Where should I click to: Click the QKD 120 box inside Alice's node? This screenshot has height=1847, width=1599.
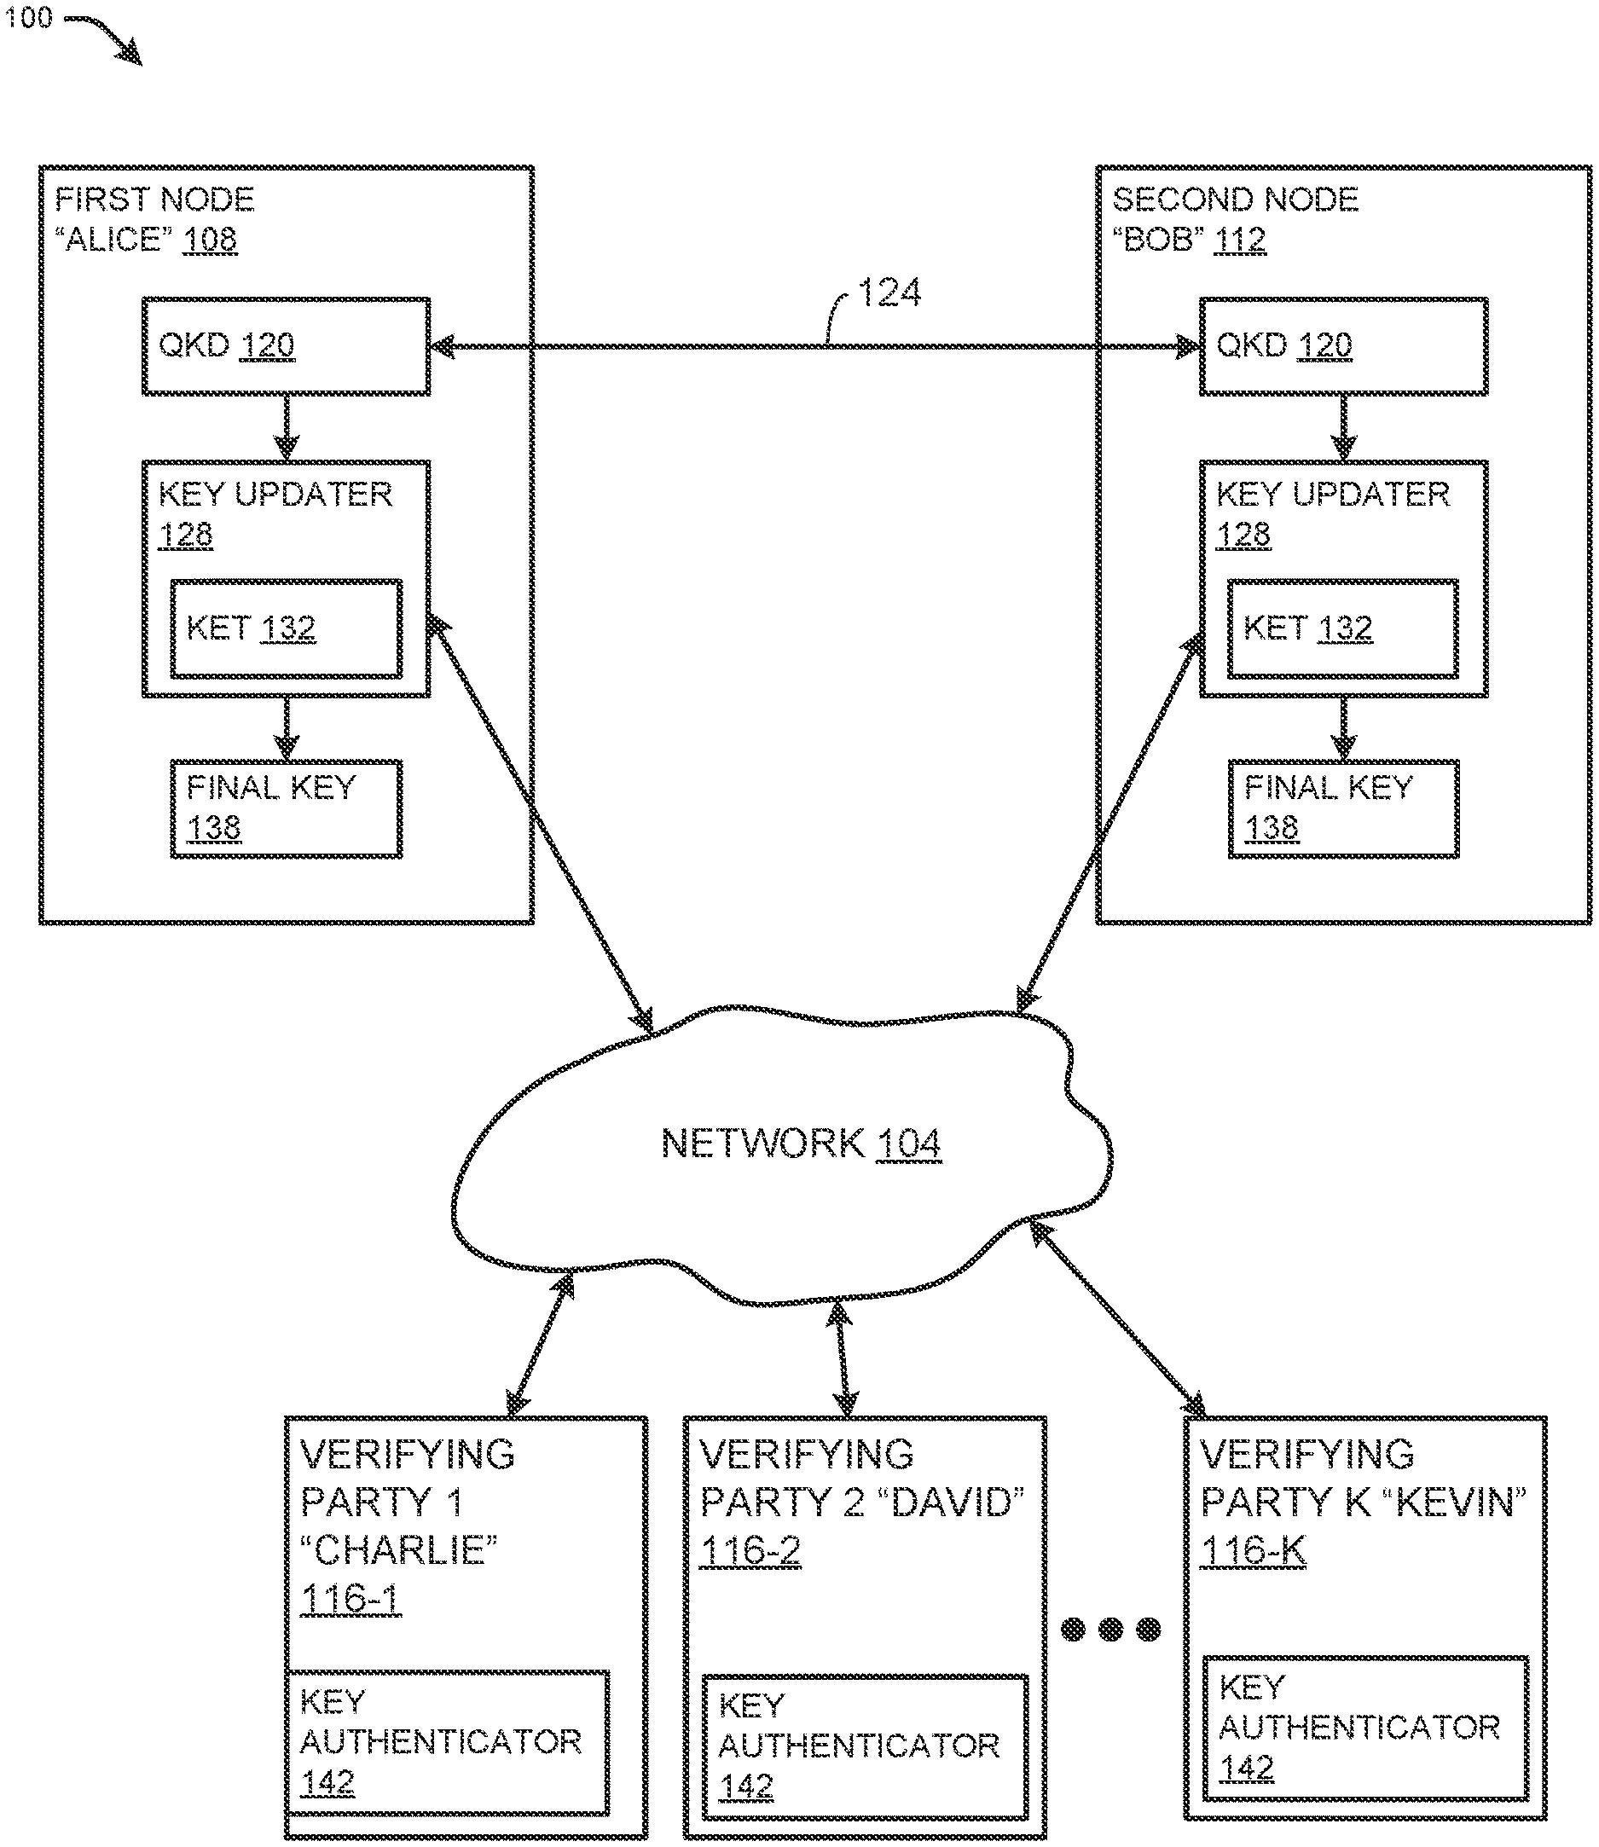(x=286, y=346)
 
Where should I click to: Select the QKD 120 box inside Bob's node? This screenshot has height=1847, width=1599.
(x=1343, y=346)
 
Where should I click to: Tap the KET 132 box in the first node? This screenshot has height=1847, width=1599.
(x=286, y=629)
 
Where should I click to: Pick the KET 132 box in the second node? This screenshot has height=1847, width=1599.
(x=1343, y=629)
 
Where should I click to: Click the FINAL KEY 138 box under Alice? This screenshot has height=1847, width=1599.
(x=286, y=808)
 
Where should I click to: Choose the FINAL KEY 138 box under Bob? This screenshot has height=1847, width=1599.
(x=1343, y=808)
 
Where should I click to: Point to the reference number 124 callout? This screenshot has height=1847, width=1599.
(x=889, y=292)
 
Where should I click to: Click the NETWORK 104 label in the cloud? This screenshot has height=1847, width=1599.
(x=801, y=1143)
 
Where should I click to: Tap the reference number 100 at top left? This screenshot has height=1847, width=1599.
(x=28, y=18)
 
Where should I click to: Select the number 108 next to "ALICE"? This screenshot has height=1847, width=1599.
(x=211, y=239)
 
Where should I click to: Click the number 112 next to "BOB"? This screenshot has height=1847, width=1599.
(x=1239, y=239)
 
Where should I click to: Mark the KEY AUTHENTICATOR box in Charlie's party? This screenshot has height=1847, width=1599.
(x=447, y=1742)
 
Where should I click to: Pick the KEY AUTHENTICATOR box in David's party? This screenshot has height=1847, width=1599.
(x=865, y=1746)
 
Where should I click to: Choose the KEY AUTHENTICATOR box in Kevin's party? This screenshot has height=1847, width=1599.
(x=1365, y=1728)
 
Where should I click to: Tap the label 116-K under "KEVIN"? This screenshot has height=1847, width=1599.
(x=1254, y=1551)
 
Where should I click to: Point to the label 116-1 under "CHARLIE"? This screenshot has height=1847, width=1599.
(x=351, y=1598)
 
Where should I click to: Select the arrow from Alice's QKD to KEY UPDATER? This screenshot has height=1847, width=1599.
(x=286, y=427)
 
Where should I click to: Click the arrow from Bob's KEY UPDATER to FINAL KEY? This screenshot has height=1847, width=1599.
(x=1343, y=728)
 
